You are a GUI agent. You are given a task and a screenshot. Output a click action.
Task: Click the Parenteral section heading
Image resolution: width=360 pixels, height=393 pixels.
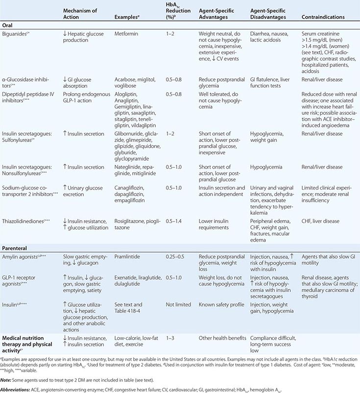point(15,248)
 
